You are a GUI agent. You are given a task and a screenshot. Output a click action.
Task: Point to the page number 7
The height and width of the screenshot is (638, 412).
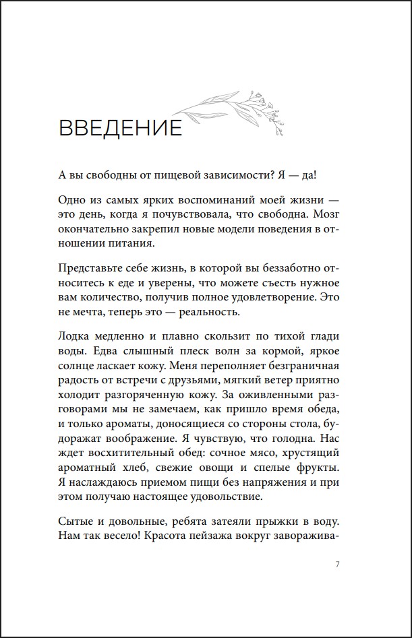click(x=337, y=564)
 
